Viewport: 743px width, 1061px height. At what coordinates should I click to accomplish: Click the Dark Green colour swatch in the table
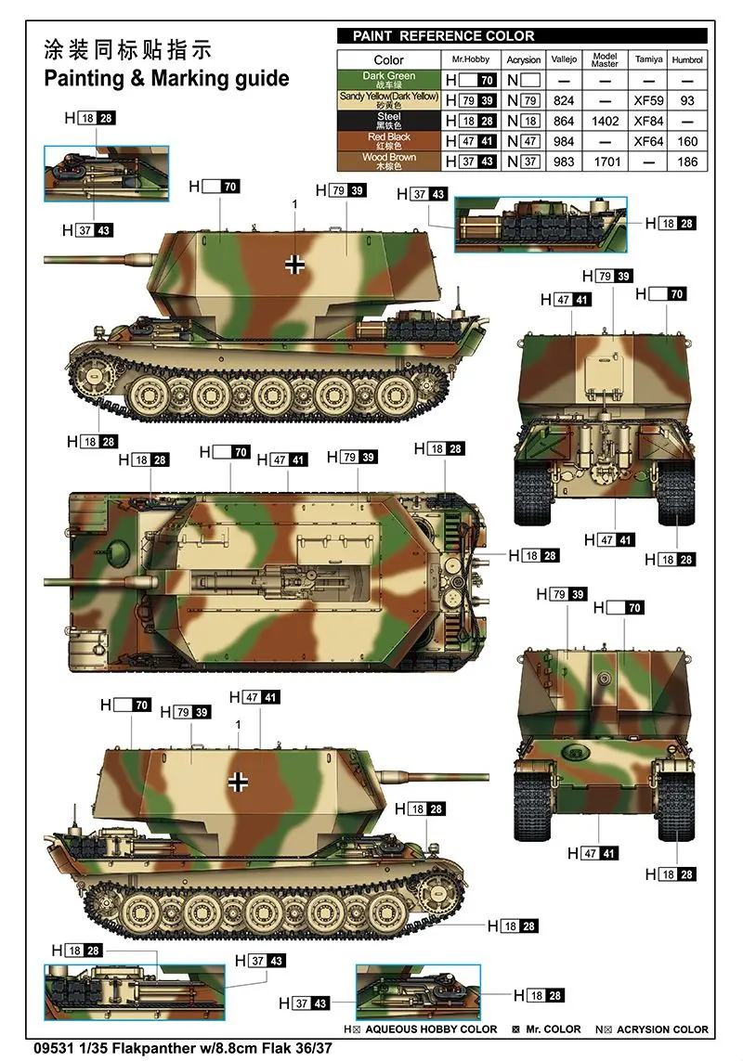click(389, 80)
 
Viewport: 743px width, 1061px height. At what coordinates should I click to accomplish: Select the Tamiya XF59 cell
click(648, 101)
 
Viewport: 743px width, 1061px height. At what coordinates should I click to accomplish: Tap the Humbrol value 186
click(686, 162)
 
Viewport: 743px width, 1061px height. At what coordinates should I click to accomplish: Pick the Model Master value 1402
click(605, 121)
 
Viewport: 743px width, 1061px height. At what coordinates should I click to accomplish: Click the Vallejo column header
click(564, 59)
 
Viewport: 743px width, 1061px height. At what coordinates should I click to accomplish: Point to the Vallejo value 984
click(564, 141)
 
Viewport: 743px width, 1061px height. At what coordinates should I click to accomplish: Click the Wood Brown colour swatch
click(389, 161)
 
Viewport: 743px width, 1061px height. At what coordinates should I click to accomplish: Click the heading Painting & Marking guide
click(166, 79)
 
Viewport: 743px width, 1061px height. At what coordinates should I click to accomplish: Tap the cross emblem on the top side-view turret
click(293, 264)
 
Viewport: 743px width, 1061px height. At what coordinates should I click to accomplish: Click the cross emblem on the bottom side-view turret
click(238, 782)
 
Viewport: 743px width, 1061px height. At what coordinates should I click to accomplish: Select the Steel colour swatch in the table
click(389, 121)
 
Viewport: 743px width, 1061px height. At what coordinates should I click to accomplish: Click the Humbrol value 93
click(686, 101)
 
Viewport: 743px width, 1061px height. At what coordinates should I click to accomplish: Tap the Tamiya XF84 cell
click(648, 121)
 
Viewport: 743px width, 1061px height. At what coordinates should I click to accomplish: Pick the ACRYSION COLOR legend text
click(661, 1029)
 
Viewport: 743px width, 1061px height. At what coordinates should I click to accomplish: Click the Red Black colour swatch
click(389, 141)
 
